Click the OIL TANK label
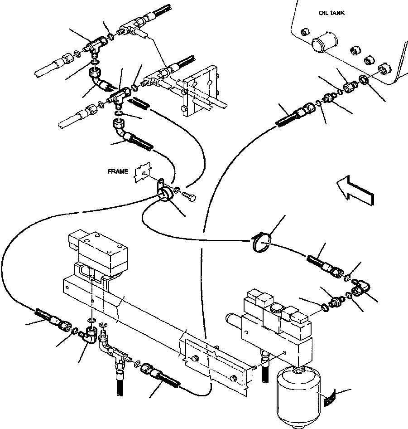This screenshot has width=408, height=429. (331, 13)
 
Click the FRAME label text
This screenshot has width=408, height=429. (118, 171)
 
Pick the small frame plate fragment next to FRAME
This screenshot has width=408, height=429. (143, 172)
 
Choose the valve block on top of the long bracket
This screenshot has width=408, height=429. (98, 254)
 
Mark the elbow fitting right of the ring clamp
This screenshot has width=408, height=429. (361, 288)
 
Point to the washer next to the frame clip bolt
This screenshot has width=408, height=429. (177, 190)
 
